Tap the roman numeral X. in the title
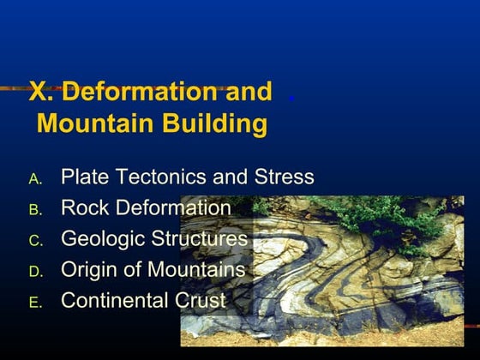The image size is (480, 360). point(39,91)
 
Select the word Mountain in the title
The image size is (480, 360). point(95,123)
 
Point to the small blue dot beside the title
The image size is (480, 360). point(291,99)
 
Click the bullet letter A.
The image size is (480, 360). point(35,179)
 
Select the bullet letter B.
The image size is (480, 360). point(35,210)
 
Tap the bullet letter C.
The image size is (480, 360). point(35,241)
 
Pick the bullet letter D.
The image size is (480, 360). point(36,272)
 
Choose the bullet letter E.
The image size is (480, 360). point(35,303)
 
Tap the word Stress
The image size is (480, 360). point(284,177)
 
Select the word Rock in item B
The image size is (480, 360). point(85,207)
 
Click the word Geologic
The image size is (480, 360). point(103,239)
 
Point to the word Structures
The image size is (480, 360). point(199,238)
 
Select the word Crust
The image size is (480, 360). point(201,300)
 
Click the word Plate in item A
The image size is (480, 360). point(85,177)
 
